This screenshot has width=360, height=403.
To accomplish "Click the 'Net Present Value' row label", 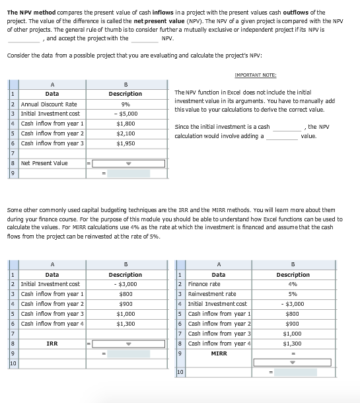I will click(44, 163).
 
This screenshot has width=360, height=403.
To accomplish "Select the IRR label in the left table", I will click(52, 344).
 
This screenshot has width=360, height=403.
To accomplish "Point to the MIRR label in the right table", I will click(219, 353).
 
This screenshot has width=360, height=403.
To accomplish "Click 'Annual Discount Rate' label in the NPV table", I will click(49, 104).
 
